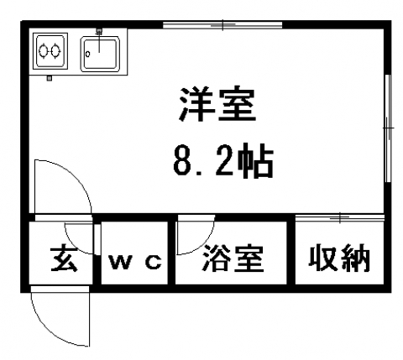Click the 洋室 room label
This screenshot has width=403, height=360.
(x=217, y=105)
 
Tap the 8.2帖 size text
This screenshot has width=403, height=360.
(x=223, y=160)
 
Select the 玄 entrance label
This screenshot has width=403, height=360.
(x=64, y=259)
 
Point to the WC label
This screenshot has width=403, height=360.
(x=135, y=262)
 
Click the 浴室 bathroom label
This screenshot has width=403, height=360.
(x=233, y=258)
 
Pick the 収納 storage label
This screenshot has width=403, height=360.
(x=339, y=258)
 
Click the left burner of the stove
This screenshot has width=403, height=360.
(x=44, y=51)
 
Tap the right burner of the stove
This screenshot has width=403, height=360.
(x=55, y=51)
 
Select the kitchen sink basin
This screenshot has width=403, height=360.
(x=100, y=54)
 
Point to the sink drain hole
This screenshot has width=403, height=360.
(x=87, y=55)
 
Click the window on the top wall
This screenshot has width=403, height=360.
(x=222, y=25)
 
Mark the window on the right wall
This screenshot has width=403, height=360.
(x=388, y=128)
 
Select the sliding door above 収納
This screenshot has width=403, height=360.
(x=340, y=217)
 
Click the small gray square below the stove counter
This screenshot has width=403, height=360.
(x=50, y=78)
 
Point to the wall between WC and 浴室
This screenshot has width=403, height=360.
(x=171, y=253)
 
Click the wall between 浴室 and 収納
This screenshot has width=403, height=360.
(x=291, y=253)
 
